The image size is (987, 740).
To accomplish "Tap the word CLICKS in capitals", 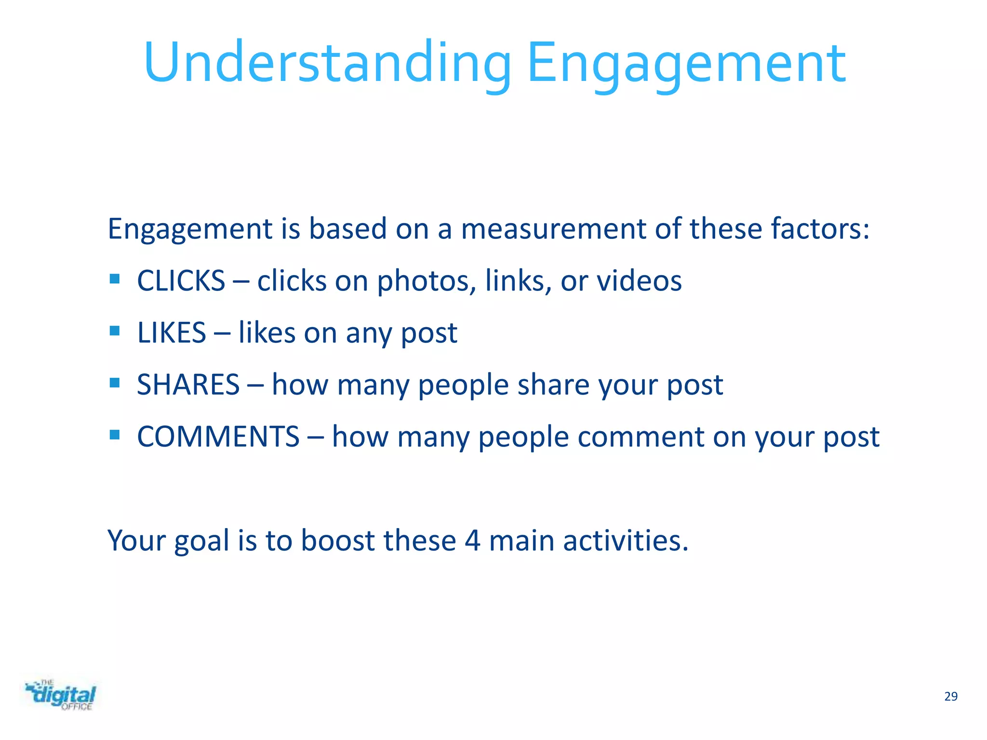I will click(181, 280).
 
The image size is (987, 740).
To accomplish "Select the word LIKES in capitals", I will click(172, 332).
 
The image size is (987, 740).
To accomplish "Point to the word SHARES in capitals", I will click(188, 384).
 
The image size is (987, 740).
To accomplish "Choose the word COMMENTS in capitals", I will click(218, 436).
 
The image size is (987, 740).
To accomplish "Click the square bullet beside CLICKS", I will click(115, 279).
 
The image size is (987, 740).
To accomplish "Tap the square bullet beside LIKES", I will click(115, 331).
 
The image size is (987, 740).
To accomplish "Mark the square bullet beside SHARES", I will click(115, 383).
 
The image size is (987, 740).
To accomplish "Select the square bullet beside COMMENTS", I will click(115, 435).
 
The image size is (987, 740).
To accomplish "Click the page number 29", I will click(950, 697).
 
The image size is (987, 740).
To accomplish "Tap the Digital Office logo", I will click(61, 695).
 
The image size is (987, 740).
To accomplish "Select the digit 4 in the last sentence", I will click(472, 541).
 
